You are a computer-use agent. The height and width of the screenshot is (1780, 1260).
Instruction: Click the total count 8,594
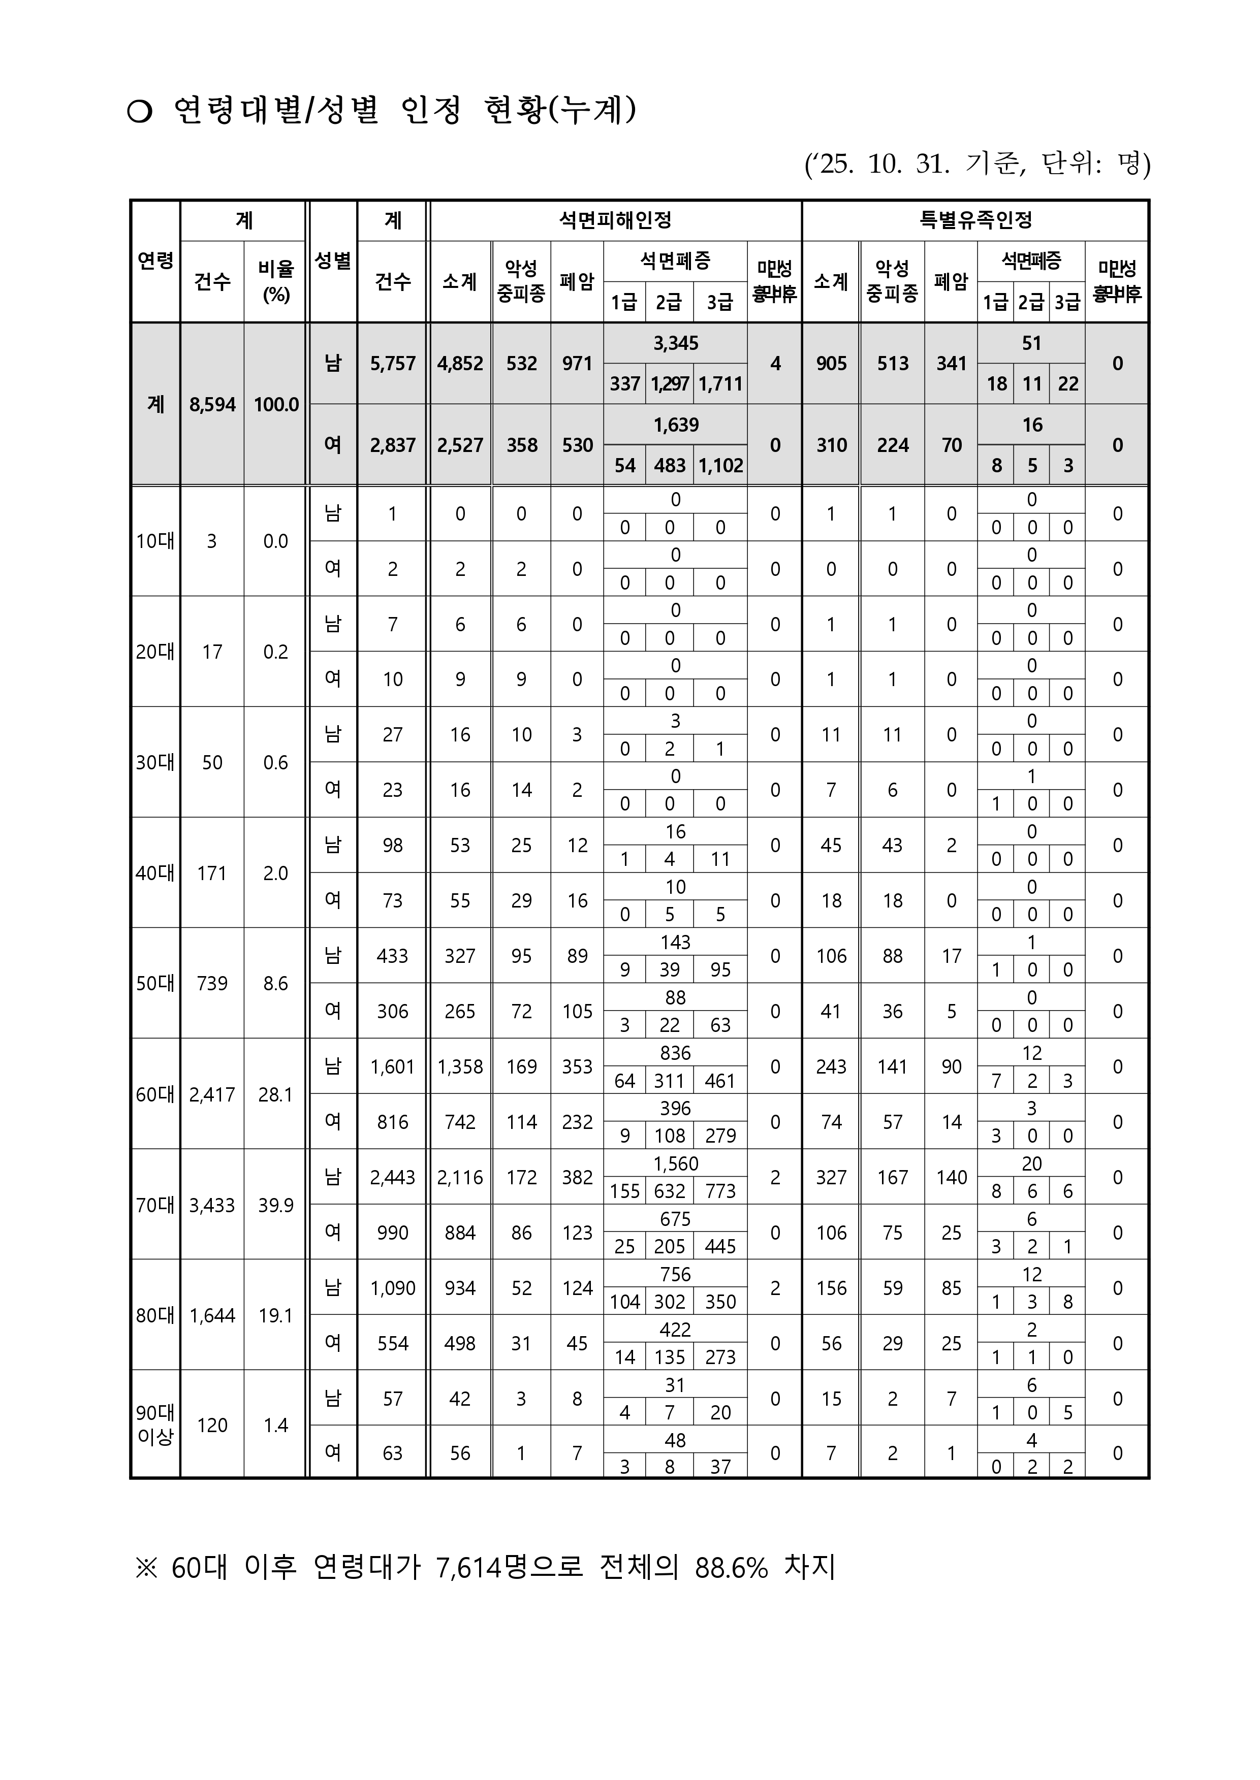coord(212,405)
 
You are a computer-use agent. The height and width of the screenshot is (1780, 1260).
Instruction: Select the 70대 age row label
coord(155,1205)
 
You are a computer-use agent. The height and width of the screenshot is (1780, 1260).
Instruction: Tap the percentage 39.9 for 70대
coord(275,1205)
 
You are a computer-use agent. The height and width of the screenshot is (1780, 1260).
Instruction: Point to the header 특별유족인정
coord(975,220)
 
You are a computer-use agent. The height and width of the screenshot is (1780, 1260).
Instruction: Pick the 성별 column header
coord(333,261)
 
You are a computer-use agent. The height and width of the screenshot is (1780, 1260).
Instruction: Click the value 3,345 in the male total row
coord(675,343)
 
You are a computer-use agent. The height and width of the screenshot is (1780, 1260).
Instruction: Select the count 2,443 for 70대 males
coord(393,1177)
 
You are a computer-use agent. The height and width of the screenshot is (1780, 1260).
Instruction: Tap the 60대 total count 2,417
coord(212,1094)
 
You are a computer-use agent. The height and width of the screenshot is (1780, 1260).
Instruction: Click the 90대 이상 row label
coord(155,1425)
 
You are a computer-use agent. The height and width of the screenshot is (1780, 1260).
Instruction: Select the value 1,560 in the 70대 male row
coord(675,1163)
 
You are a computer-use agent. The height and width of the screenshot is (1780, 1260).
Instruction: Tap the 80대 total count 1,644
coord(212,1315)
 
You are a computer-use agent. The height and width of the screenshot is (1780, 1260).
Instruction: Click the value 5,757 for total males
coord(393,364)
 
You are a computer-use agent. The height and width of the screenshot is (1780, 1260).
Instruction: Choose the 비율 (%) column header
coord(275,281)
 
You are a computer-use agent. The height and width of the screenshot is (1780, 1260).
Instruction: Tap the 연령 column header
coord(155,261)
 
